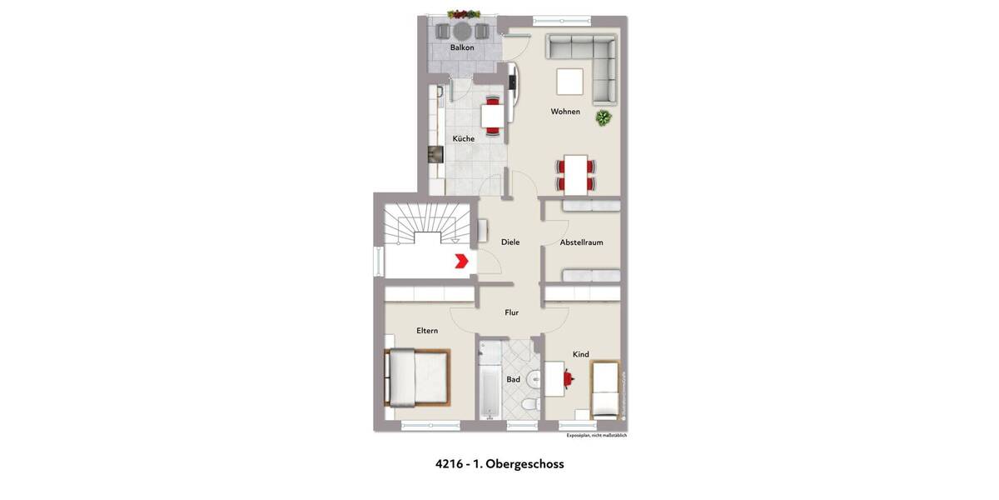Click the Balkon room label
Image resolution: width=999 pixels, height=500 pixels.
[x=462, y=47]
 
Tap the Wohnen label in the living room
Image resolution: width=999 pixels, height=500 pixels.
[x=565, y=112]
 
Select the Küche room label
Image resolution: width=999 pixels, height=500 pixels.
[x=464, y=138]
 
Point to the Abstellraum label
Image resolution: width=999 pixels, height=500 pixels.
[x=581, y=242]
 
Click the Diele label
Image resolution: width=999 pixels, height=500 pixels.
[x=510, y=242]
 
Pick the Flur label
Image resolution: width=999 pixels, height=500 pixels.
[x=512, y=312]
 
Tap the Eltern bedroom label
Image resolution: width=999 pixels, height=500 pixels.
[x=427, y=331]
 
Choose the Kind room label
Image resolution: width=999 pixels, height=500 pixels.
[x=580, y=354]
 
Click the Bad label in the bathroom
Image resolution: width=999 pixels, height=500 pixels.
[x=514, y=380]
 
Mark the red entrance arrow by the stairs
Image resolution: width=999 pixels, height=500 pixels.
[x=460, y=262]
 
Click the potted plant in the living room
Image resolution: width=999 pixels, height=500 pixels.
[x=603, y=118]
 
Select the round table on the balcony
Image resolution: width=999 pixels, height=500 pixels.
[x=462, y=31]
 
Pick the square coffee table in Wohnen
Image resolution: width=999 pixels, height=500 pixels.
[x=570, y=82]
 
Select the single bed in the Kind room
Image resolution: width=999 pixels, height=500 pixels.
[x=604, y=389]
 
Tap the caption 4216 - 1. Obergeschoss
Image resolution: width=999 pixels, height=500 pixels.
[x=499, y=464]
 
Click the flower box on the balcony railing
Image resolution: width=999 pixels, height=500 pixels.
[x=464, y=14]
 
